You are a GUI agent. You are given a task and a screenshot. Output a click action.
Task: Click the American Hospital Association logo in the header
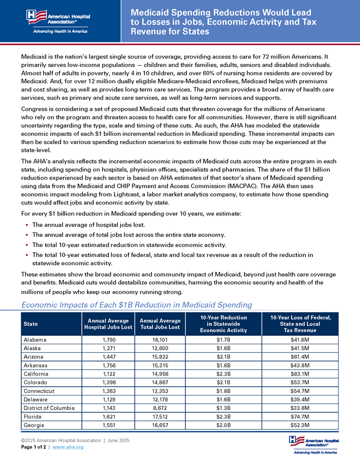[57, 21]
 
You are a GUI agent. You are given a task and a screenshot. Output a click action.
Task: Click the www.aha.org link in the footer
[68, 447]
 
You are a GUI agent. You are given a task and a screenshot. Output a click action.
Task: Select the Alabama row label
[35, 340]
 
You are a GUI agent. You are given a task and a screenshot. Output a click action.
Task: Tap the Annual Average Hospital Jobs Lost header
[108, 324]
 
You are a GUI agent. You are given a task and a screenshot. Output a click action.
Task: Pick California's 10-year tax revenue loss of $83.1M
[300, 374]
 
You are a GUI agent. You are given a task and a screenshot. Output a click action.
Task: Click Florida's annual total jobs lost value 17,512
[160, 416]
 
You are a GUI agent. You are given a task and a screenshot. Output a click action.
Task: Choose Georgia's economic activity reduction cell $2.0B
[224, 425]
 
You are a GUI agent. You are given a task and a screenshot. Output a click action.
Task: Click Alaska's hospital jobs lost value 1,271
[108, 348]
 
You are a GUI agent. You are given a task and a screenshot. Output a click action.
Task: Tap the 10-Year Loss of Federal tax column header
[300, 324]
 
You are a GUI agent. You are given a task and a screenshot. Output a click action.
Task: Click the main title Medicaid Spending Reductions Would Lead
[213, 12]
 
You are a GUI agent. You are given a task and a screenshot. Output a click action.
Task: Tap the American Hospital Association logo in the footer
[314, 444]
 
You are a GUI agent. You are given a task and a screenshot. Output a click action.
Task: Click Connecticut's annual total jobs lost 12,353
[160, 391]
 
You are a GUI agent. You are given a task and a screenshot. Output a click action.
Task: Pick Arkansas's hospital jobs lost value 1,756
[108, 365]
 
